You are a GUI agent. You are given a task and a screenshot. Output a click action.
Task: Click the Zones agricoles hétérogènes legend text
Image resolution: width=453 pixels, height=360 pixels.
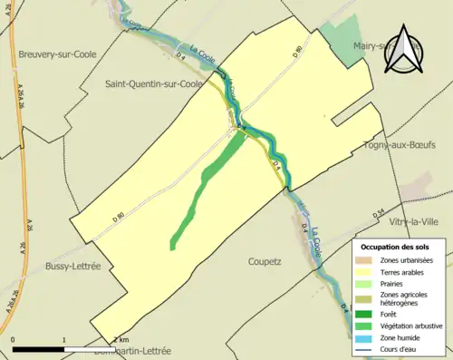404,299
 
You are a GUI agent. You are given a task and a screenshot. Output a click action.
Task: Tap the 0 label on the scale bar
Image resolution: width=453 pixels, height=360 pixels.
13,340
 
